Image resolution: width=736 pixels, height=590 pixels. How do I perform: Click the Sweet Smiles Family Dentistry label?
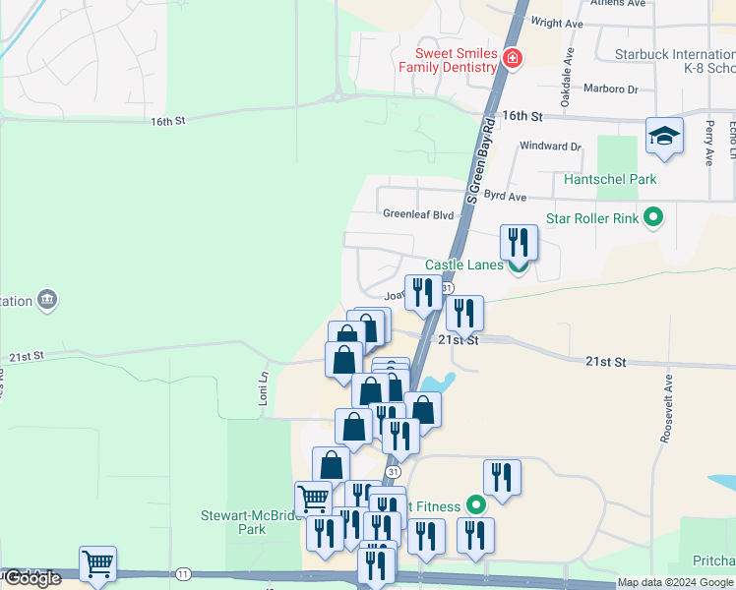click(447, 60)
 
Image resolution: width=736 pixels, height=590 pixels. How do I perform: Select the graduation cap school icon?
click(664, 136)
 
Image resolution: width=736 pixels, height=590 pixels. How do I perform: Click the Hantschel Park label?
click(610, 179)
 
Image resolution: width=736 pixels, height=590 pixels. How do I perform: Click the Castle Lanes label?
click(464, 265)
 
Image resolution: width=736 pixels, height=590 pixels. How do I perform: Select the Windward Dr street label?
click(551, 147)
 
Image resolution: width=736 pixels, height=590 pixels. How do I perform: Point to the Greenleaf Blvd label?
click(418, 213)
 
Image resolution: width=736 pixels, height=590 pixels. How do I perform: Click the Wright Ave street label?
click(557, 23)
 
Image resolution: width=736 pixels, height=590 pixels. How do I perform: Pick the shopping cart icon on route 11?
click(97, 564)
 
